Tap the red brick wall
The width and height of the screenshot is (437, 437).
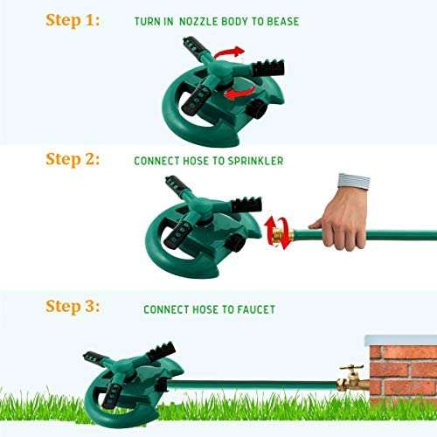(x=402, y=367)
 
